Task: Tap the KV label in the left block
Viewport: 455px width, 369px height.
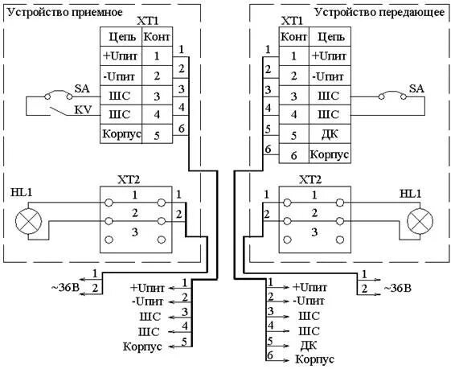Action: point(83,110)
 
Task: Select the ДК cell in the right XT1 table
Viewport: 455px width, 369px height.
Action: point(330,134)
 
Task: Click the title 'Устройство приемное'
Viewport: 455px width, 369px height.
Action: point(64,12)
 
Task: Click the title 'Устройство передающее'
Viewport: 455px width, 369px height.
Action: point(379,12)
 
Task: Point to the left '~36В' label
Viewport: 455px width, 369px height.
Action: point(65,288)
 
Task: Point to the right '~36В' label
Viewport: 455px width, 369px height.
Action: point(397,289)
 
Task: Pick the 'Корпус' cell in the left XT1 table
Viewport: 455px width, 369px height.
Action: point(121,134)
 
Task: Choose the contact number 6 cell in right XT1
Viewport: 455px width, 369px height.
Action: point(294,154)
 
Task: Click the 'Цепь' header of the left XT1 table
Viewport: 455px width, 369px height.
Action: point(121,37)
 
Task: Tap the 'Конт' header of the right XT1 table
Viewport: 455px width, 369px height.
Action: point(294,37)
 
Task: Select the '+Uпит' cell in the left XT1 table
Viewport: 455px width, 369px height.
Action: point(121,56)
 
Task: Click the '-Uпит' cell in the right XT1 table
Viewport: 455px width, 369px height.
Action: point(330,76)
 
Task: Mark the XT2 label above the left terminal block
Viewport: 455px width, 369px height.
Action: point(129,180)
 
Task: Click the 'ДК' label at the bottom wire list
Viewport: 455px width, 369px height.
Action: point(309,345)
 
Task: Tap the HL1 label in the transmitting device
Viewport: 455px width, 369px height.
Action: point(410,194)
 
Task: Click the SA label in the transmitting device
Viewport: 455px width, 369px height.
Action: point(416,88)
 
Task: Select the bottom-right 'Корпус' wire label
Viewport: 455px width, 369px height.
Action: point(314,359)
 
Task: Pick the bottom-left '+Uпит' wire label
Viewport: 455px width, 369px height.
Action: point(147,288)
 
